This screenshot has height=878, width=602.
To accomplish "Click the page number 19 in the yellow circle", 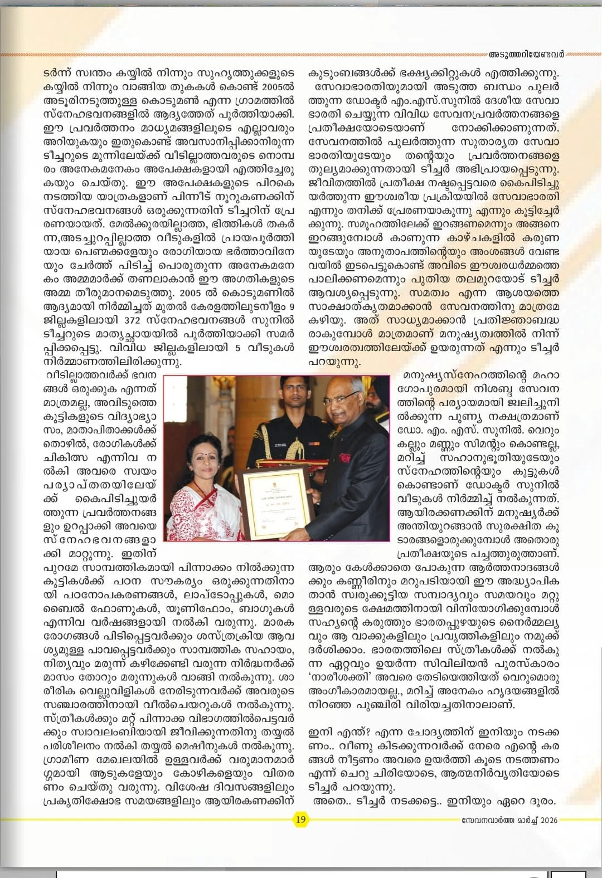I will click(x=300, y=819).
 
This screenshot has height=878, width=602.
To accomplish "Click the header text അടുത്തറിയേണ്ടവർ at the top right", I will click(x=526, y=54).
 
